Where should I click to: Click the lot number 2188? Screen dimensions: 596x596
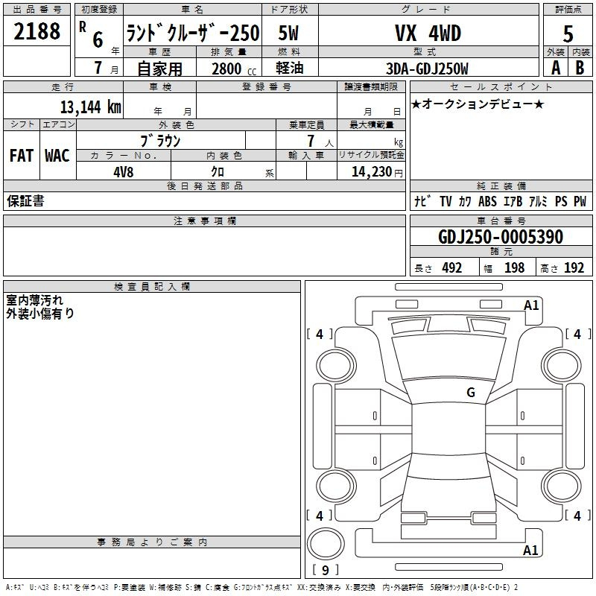tap(37, 31)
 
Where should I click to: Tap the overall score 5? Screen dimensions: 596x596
tap(568, 34)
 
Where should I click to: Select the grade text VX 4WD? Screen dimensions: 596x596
tap(428, 33)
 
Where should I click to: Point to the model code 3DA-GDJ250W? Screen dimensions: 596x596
tap(427, 69)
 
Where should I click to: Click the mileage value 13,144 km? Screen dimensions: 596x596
tap(91, 107)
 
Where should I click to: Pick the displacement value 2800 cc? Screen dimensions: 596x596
tap(234, 69)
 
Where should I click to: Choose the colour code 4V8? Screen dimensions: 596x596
tap(124, 172)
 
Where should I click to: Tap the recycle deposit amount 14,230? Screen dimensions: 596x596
tap(372, 171)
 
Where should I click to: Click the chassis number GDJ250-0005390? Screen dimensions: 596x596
tap(501, 237)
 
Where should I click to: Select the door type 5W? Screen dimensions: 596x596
tap(288, 33)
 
